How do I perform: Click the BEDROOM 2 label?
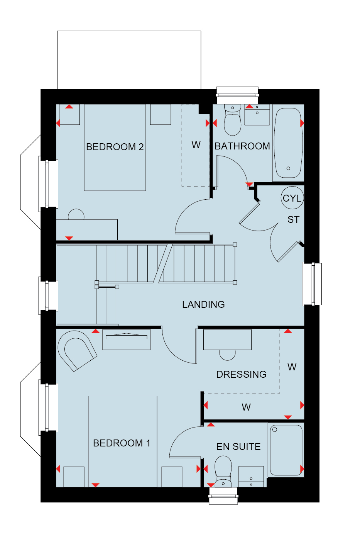click(x=115, y=147)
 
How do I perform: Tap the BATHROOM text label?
click(x=242, y=146)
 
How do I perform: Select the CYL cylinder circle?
click(x=292, y=198)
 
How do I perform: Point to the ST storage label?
click(x=293, y=219)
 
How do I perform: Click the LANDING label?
click(x=203, y=304)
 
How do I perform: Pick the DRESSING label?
click(x=241, y=374)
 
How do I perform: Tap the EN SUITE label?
click(x=238, y=446)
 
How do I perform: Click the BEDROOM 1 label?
click(x=122, y=443)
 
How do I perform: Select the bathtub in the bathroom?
click(x=288, y=143)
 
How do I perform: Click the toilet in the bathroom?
click(x=232, y=120)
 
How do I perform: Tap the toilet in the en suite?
click(x=223, y=472)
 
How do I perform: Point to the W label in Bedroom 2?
click(x=196, y=145)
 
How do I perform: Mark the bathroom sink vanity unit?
click(x=257, y=115)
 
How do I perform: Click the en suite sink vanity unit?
click(x=251, y=477)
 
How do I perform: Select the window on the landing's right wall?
click(x=312, y=284)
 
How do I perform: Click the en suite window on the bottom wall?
click(x=223, y=496)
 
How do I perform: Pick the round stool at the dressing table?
click(x=227, y=355)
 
